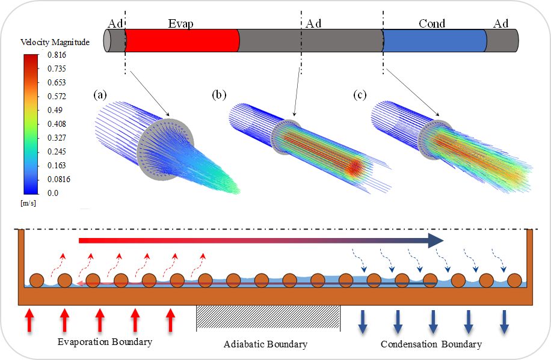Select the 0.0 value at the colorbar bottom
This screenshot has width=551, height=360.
pyautogui.click(x=53, y=193)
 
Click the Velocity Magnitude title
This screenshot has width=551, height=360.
pyautogui.click(x=55, y=42)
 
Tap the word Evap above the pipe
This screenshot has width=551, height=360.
pyautogui.click(x=180, y=23)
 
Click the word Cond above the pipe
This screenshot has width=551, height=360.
pyautogui.click(x=432, y=23)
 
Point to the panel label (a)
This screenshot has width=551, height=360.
pyautogui.click(x=100, y=94)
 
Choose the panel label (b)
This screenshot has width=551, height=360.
pyautogui.click(x=220, y=94)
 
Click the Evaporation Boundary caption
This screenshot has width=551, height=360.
pyautogui.click(x=105, y=342)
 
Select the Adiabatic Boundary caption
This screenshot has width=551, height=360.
pyautogui.click(x=265, y=344)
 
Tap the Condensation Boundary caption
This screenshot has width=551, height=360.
pyautogui.click(x=431, y=344)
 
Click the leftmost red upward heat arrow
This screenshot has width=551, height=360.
pyautogui.click(x=28, y=320)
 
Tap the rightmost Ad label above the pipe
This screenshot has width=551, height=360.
pyautogui.click(x=501, y=23)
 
